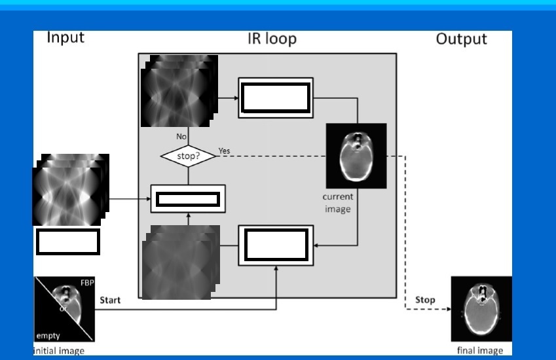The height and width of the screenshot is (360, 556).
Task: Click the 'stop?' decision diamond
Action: [188, 156]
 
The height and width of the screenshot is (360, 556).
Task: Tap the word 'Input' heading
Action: [65, 37]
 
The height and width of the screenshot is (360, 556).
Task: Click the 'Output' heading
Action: [461, 39]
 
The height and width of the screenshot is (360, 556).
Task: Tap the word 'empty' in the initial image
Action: [48, 336]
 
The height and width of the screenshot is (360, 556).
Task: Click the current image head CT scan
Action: [356, 156]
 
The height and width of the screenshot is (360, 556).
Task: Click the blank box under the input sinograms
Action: [67, 242]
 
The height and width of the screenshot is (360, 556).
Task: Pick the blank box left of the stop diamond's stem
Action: [188, 198]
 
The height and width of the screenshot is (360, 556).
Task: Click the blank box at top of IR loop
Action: [275, 98]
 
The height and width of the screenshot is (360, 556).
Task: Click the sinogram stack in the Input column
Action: [70, 190]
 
